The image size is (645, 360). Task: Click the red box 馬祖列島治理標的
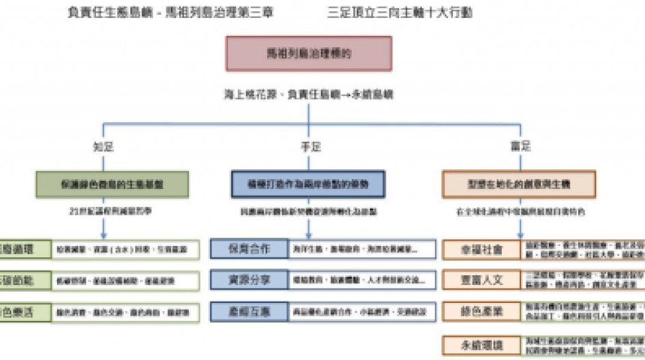pos(308,54)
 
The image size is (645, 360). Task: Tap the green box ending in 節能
pos(22,280)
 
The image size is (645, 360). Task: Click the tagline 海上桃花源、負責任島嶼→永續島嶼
pos(308,95)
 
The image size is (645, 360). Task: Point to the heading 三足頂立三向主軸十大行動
pos(400,13)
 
